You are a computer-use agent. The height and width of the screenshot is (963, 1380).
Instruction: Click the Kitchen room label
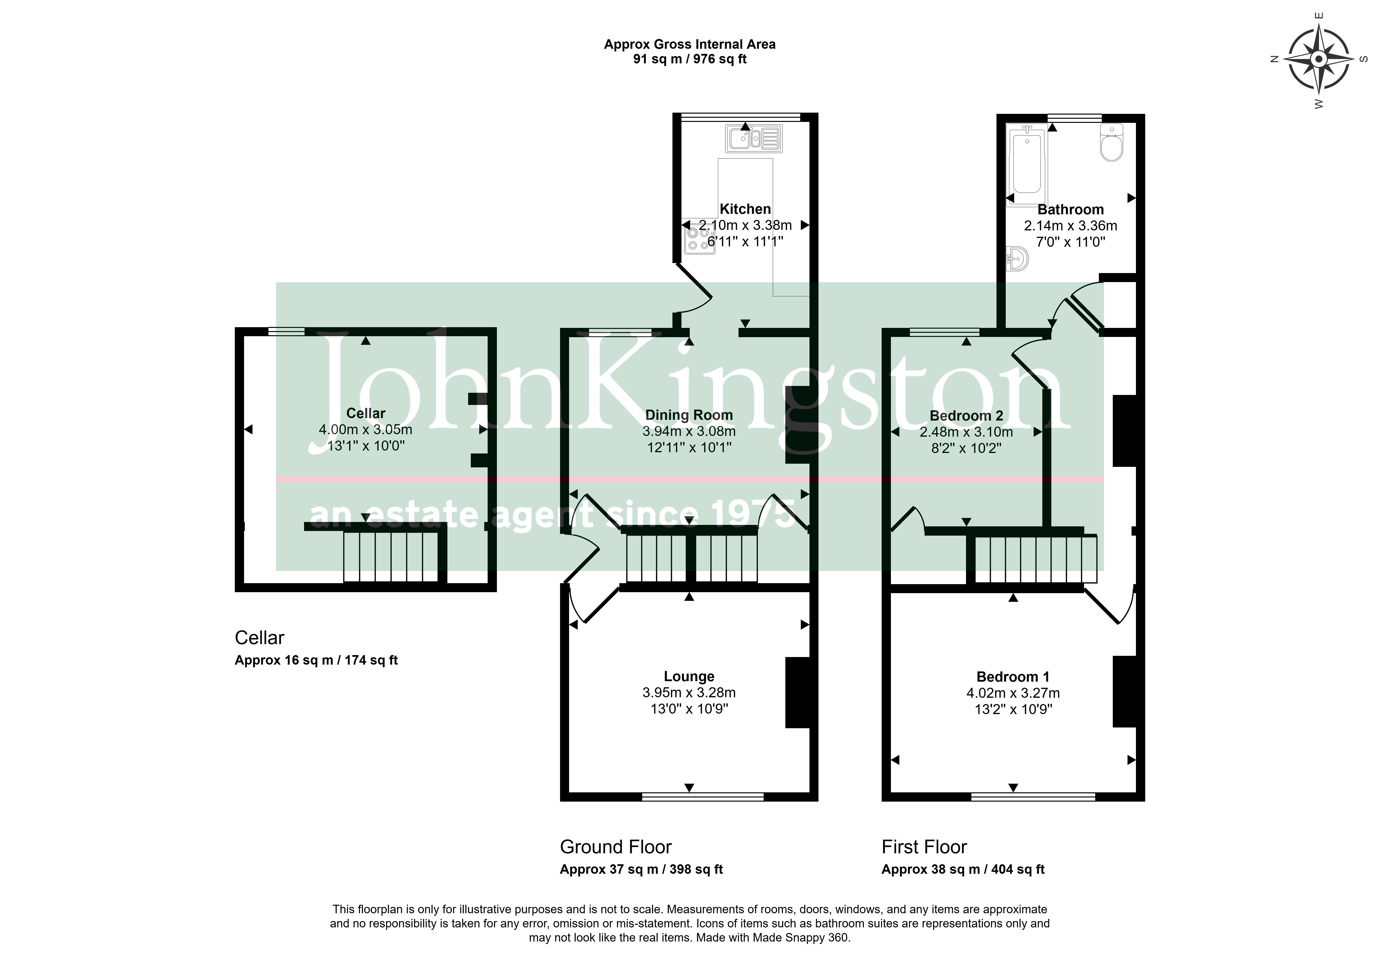coord(745,209)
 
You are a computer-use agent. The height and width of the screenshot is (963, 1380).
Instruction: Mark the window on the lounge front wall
coord(703,797)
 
